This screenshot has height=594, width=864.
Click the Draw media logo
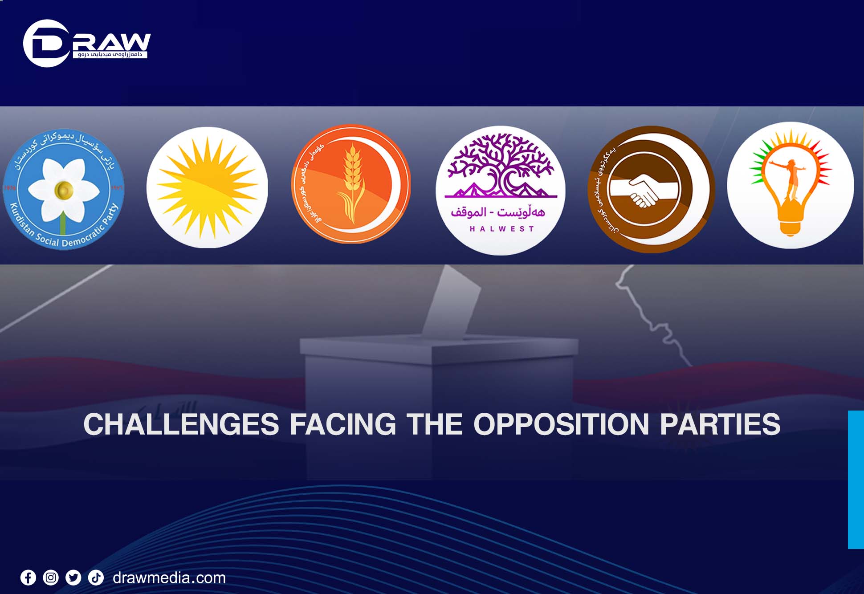[x=86, y=44]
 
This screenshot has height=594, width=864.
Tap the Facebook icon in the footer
[x=28, y=578]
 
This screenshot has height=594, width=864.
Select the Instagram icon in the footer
[x=51, y=578]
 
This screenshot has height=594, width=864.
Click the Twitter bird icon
[x=73, y=578]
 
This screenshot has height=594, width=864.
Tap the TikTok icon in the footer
[x=96, y=578]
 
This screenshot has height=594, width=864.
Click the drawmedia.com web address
[x=169, y=578]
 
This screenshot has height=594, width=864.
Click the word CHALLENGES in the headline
[x=181, y=424]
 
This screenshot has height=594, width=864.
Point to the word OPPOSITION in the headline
[x=561, y=424]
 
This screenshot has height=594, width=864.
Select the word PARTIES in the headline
[x=720, y=424]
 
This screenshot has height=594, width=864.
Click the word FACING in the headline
[x=343, y=424]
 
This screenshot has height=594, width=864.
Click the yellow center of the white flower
[x=64, y=190]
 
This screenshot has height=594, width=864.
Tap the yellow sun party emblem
[x=207, y=187]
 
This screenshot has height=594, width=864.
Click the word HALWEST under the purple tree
[x=501, y=229]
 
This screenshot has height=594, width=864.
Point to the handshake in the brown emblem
[x=643, y=191]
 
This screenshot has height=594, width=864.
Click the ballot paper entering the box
[x=452, y=303]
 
